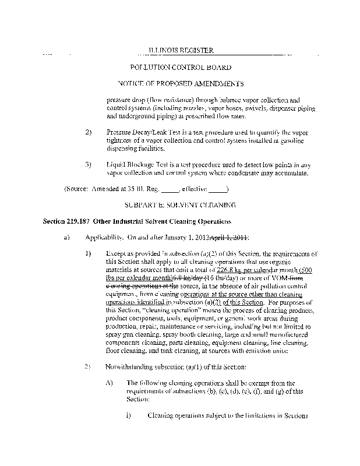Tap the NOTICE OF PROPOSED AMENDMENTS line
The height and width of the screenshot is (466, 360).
point(181,84)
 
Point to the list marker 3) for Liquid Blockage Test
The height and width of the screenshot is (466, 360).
point(89,165)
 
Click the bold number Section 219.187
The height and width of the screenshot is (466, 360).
point(73,222)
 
